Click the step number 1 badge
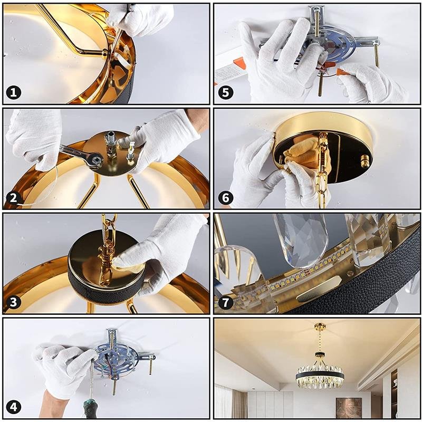point(14,93)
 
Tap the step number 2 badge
point(14,198)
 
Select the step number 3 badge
point(14,302)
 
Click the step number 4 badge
point(14,407)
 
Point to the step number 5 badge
point(226,93)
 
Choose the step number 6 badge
point(226,198)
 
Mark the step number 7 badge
point(226,302)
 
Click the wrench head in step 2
point(95,159)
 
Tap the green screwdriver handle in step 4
point(89,408)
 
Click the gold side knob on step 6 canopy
point(365,161)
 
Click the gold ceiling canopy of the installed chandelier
point(320,327)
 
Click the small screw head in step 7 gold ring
point(350,273)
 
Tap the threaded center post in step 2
point(111,145)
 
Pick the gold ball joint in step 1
point(104,53)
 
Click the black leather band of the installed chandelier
point(320,376)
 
